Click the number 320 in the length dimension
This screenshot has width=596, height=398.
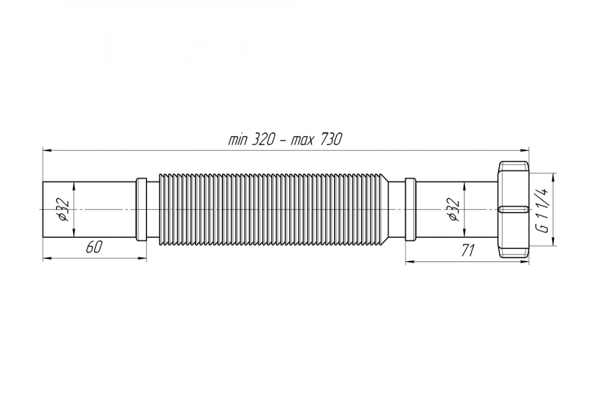click(x=263, y=139)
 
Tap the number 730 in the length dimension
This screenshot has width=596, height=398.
click(x=331, y=139)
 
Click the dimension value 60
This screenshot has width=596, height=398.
click(x=94, y=247)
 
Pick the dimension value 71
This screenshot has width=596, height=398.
click(x=467, y=250)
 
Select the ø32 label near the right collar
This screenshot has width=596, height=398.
click(x=453, y=209)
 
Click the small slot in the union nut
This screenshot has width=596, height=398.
click(x=514, y=209)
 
